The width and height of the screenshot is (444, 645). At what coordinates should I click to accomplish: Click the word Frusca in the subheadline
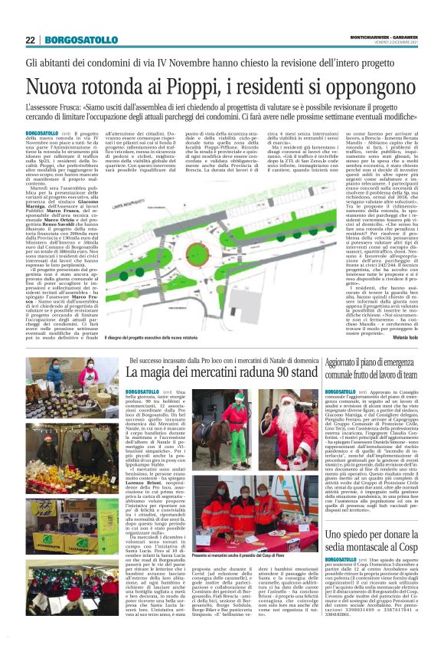pyautogui.click(x=103, y=108)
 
